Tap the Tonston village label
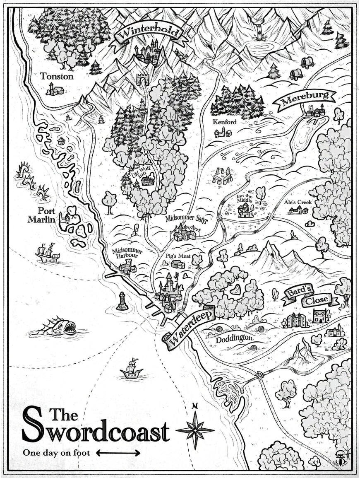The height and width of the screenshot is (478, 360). click(57, 76)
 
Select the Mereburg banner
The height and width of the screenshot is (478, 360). click(306, 100)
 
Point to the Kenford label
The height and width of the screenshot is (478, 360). click(224, 122)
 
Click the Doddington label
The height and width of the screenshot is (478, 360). click(234, 338)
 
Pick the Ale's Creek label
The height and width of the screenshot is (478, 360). click(298, 203)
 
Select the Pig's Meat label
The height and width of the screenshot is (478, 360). click(178, 256)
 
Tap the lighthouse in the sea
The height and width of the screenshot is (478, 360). click(122, 301)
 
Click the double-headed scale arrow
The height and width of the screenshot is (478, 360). click(118, 453)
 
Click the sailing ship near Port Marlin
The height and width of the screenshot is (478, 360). click(47, 253)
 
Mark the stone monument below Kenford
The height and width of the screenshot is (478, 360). click(223, 177)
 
